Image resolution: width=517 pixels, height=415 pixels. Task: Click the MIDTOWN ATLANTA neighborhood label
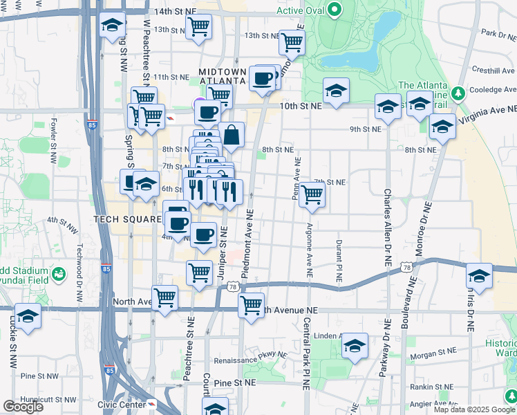point(222,76)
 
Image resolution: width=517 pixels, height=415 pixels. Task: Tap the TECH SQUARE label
point(125,219)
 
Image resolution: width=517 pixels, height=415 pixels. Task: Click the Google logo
point(23,407)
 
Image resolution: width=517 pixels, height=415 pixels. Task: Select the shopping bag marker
point(232,136)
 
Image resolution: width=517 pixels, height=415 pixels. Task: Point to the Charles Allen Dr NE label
point(388,228)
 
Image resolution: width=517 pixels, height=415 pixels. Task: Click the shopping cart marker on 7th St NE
point(312,196)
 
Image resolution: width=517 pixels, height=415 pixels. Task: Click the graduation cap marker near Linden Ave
point(355,346)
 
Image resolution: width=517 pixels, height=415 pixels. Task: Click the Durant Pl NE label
point(339,260)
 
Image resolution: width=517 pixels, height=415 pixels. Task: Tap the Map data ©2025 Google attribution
point(473,409)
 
